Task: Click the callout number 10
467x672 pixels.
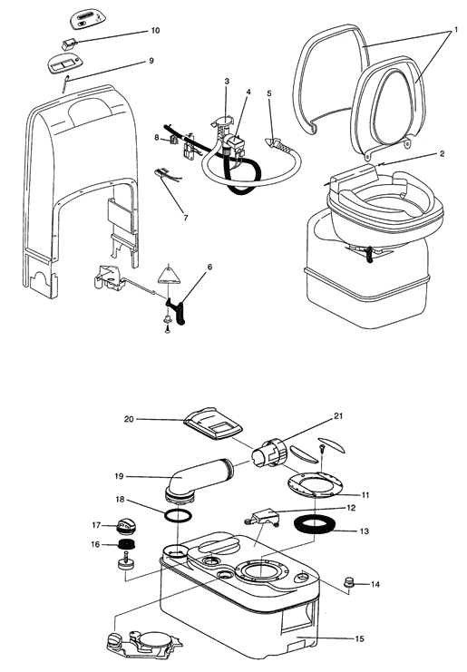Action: [x=155, y=31]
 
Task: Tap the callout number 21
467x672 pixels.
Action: [x=338, y=416]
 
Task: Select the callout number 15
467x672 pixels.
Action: [x=359, y=638]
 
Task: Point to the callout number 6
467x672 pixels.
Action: [x=209, y=267]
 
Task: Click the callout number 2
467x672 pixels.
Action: [x=442, y=154]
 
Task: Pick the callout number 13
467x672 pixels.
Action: [x=365, y=531]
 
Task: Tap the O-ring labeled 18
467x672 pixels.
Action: [x=177, y=515]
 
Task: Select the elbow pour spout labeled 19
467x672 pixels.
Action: [x=199, y=479]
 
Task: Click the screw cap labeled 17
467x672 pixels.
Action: [x=125, y=526]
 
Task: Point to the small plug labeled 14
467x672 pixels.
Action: [x=350, y=583]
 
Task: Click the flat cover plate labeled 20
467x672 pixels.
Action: [x=213, y=424]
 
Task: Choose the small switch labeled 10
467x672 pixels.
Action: [x=69, y=43]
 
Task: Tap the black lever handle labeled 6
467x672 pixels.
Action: [x=177, y=309]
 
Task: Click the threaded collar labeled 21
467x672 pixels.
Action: [x=269, y=453]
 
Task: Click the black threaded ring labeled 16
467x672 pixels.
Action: [x=125, y=546]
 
